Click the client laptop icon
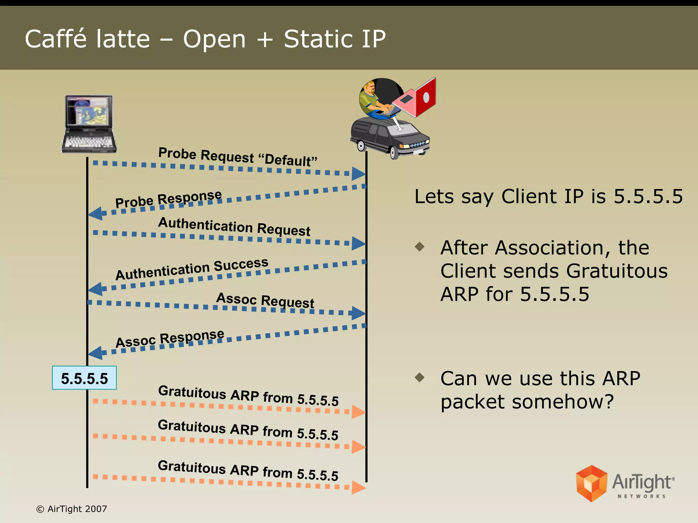coord(89,124)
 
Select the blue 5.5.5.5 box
coord(84,378)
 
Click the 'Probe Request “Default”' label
coord(238,157)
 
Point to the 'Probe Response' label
coord(168,199)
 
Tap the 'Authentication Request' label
coord(234,227)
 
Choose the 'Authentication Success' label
coord(192,269)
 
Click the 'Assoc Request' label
coord(265,300)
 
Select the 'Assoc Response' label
coord(170,338)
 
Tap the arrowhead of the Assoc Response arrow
coord(95,353)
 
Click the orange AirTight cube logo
coord(591,484)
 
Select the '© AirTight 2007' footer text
coord(72,509)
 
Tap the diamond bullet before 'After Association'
coord(420,247)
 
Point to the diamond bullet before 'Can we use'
coord(420,377)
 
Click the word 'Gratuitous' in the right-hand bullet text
coord(617,271)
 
